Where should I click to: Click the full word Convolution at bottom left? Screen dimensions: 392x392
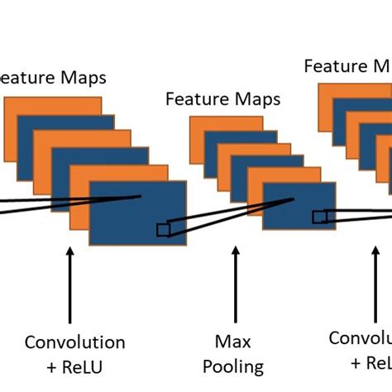(74, 342)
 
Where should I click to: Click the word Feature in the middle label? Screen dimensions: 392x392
(194, 100)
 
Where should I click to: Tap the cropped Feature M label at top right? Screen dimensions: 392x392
(347, 65)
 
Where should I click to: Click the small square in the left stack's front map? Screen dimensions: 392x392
(163, 229)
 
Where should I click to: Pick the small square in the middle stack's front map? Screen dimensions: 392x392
(318, 217)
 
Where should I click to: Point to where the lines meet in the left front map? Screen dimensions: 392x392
(141, 196)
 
